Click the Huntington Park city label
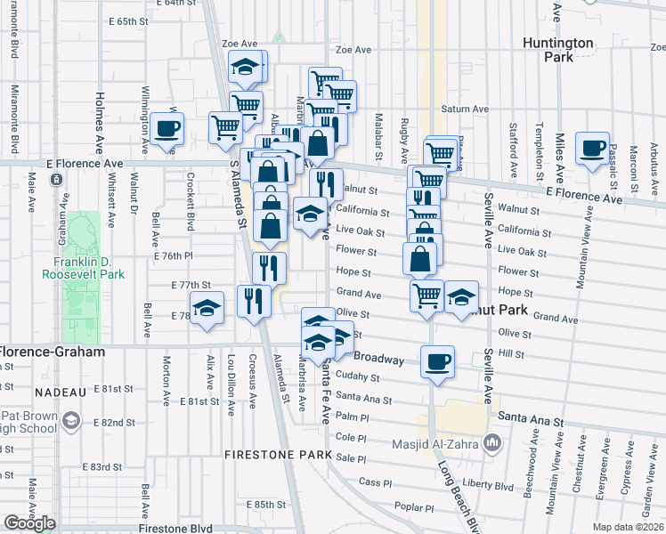pyautogui.click(x=571, y=49)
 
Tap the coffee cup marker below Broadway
pyautogui.click(x=437, y=361)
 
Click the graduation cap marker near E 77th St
pyautogui.click(x=207, y=307)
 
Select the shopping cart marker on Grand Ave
pyautogui.click(x=427, y=295)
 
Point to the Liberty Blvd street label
pyautogui.click(x=489, y=487)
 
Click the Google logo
pyautogui.click(x=29, y=523)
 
